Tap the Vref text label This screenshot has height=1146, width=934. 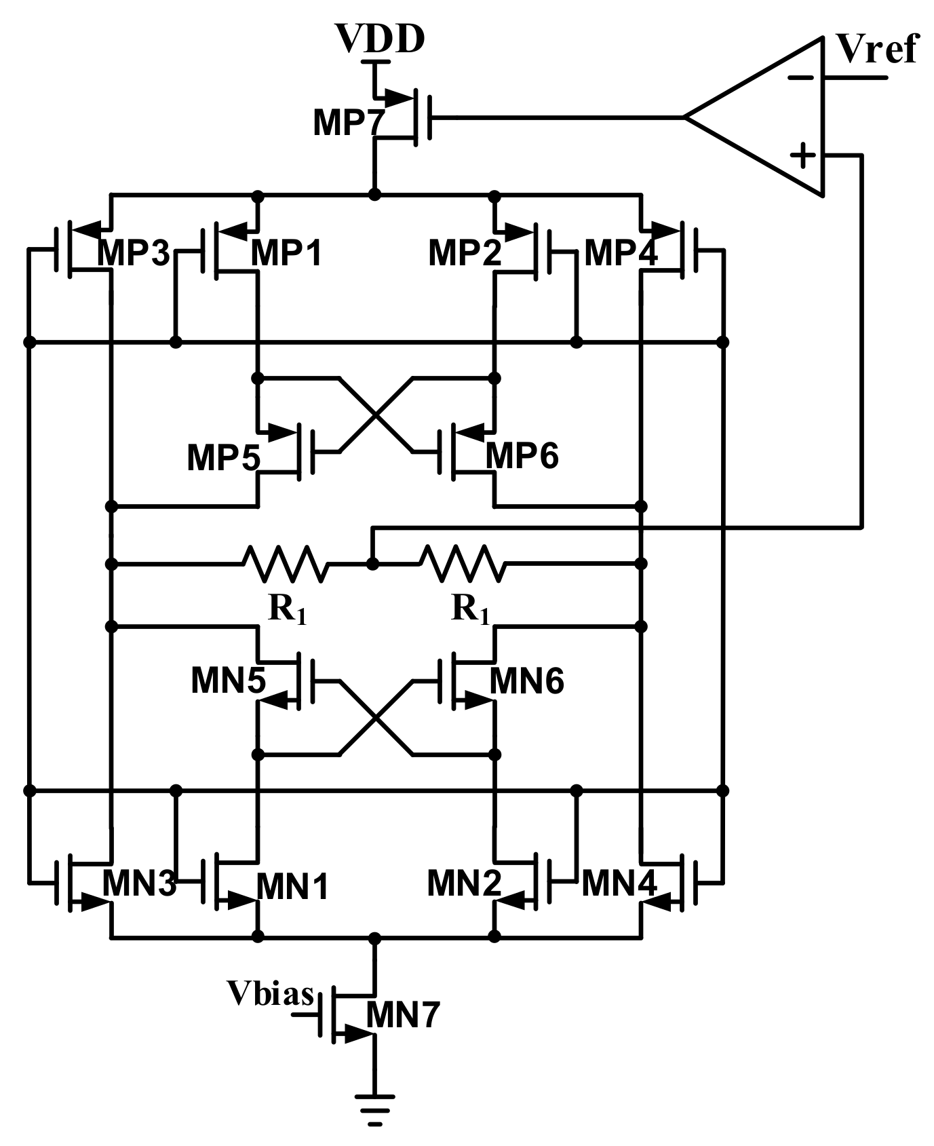[x=877, y=49]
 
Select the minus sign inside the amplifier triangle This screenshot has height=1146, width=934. [x=801, y=77]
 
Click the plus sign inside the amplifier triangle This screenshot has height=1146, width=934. [x=804, y=155]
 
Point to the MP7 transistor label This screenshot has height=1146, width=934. [x=348, y=123]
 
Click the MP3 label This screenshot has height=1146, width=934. [x=133, y=253]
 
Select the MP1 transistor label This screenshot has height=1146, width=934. [x=286, y=253]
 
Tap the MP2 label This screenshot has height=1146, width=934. [x=465, y=253]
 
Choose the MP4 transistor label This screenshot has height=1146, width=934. [x=620, y=253]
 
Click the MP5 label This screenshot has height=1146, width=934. [x=223, y=457]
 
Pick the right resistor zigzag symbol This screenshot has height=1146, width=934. [x=463, y=563]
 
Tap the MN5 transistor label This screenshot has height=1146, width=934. [x=228, y=681]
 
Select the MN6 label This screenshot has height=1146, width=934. [x=526, y=681]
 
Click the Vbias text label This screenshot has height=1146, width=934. [x=270, y=993]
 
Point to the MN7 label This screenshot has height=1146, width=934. [x=403, y=1015]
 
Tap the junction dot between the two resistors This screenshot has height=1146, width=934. [x=372, y=563]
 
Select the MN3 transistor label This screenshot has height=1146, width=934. [x=139, y=883]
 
